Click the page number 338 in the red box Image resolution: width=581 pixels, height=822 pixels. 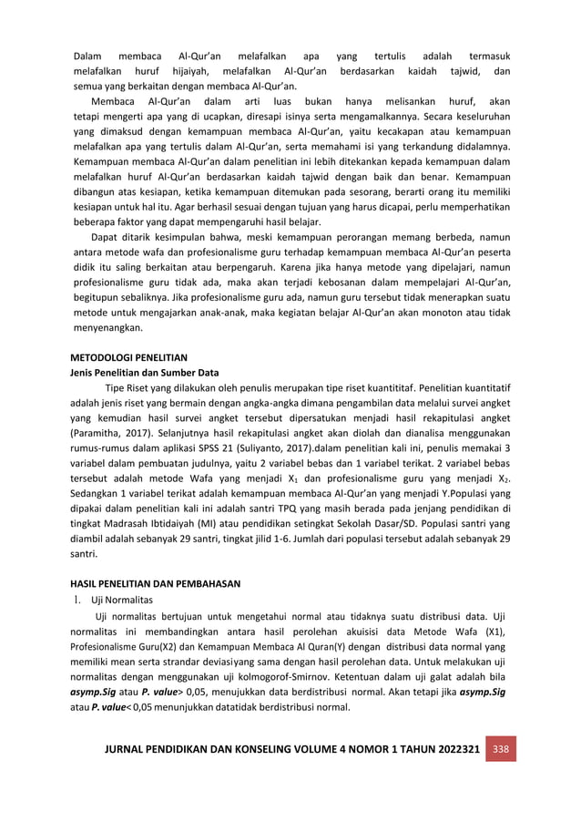coord(499,749)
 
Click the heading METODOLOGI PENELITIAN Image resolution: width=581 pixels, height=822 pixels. coord(128,357)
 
